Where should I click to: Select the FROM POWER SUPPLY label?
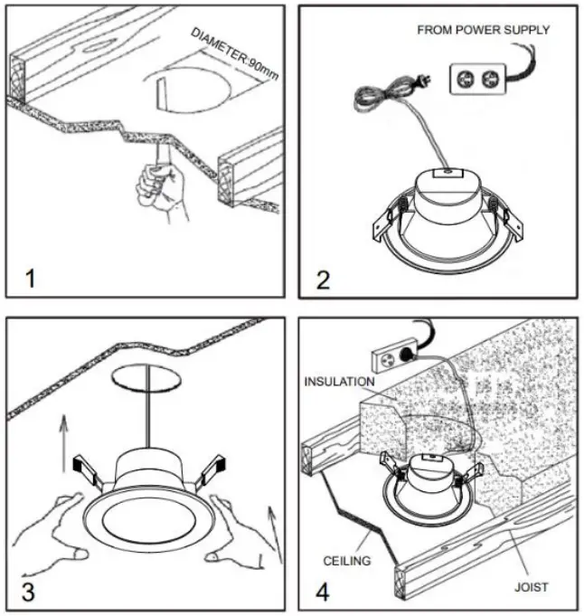tap(483, 30)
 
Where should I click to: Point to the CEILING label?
tap(347, 561)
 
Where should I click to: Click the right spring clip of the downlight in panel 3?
tap(212, 469)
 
